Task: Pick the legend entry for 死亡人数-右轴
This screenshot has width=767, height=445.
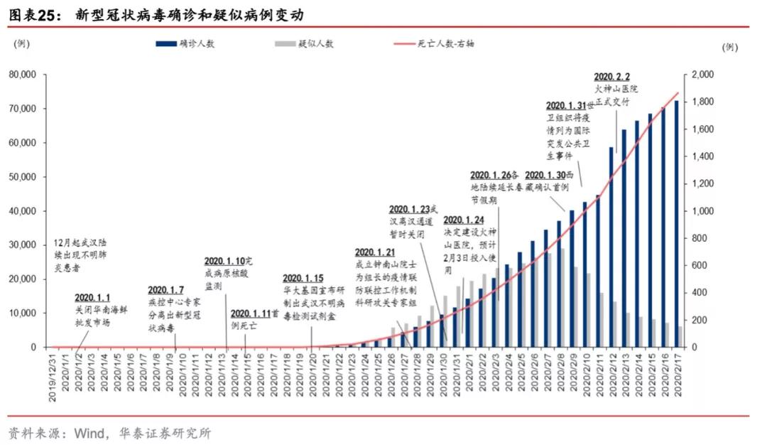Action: tap(434, 43)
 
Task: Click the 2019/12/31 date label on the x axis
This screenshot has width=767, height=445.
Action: tap(53, 377)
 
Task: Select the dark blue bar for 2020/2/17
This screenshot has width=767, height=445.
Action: tap(676, 223)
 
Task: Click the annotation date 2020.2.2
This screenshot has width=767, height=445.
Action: tap(611, 76)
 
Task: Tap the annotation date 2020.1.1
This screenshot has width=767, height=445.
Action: tap(92, 297)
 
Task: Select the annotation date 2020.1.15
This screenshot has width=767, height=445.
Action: tap(303, 278)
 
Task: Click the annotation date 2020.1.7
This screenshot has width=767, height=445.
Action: tap(165, 290)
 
